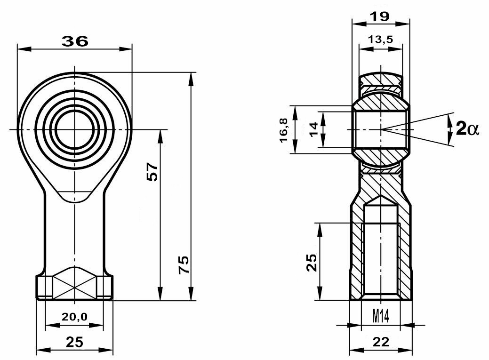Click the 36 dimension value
[x=75, y=41]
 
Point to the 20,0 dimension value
[x=74, y=317]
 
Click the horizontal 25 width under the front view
[x=74, y=342]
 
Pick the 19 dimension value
[x=380, y=16]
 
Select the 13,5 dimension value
[x=380, y=40]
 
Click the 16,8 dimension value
[x=283, y=130]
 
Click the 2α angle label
[x=467, y=128]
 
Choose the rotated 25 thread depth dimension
[x=312, y=262]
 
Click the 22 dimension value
[x=380, y=342]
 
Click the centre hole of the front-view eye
[x=74, y=129]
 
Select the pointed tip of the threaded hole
[x=381, y=198]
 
